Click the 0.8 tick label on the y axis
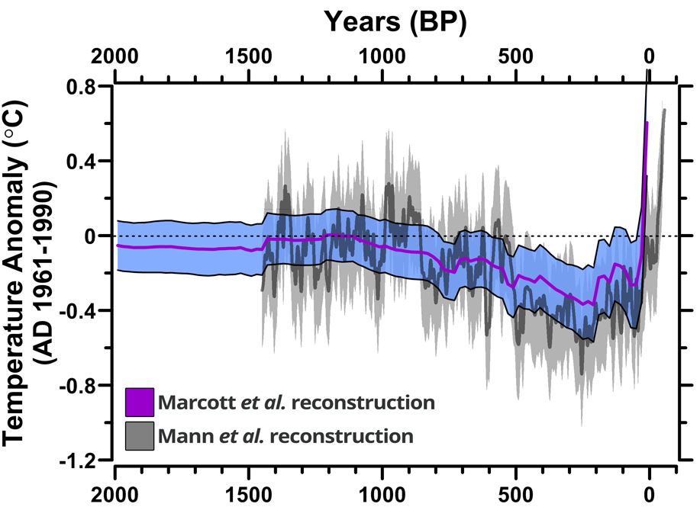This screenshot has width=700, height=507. point(89,86)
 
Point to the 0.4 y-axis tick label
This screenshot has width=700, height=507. point(89,161)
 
